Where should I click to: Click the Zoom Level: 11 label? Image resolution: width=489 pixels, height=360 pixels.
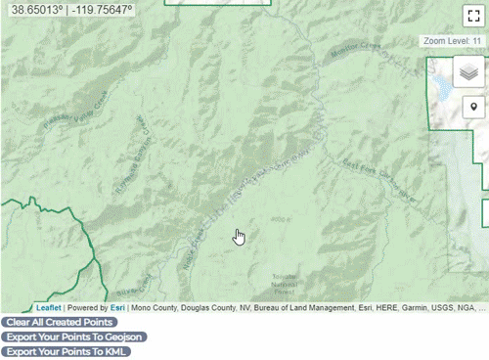click(x=452, y=42)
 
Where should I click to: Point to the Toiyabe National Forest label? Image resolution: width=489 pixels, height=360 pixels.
click(x=285, y=284)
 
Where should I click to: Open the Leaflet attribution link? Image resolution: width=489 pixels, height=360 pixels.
click(x=48, y=307)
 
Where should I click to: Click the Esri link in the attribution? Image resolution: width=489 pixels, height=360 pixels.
click(x=117, y=307)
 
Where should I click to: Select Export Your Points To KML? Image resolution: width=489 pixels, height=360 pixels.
click(x=66, y=351)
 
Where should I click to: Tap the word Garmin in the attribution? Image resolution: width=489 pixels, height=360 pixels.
click(x=422, y=307)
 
